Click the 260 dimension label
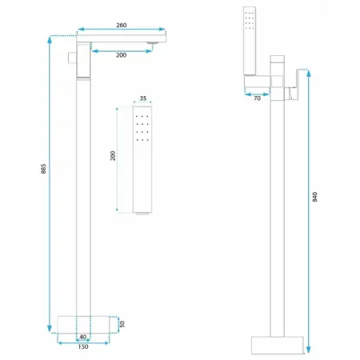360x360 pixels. click(x=121, y=25)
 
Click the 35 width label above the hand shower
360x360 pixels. click(x=143, y=98)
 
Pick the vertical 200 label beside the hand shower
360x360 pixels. click(x=113, y=156)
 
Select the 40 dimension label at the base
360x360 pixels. click(x=83, y=337)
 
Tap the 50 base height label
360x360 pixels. click(x=122, y=324)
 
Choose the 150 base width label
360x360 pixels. click(x=83, y=348)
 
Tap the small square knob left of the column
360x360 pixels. click(x=71, y=58)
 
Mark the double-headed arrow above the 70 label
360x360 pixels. click(x=257, y=91)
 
